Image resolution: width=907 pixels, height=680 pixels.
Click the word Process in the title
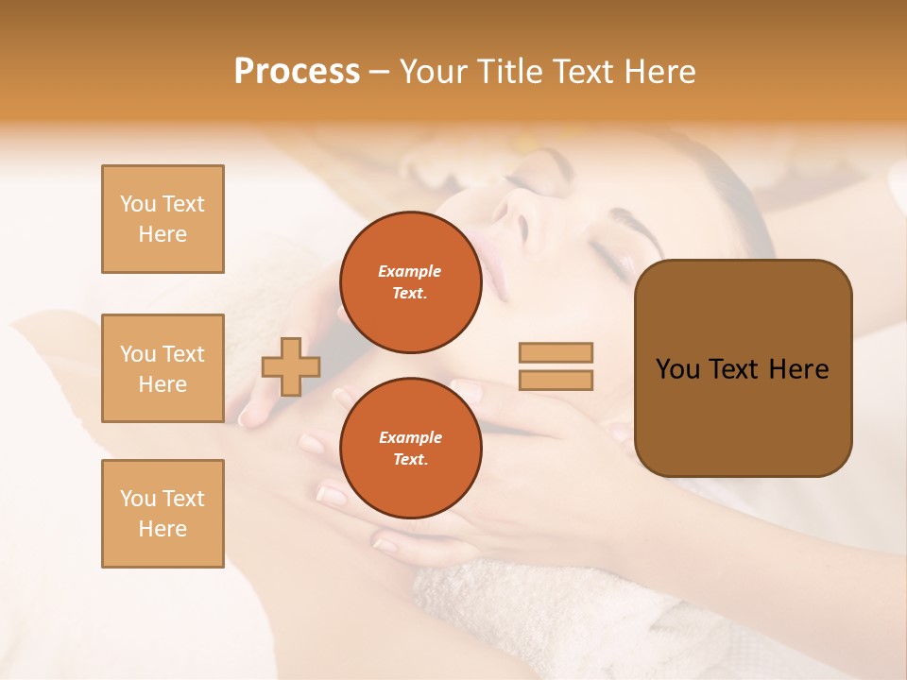coord(297,72)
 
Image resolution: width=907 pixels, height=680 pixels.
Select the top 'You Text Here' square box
coord(163,219)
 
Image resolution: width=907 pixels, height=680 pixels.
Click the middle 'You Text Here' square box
coord(163,368)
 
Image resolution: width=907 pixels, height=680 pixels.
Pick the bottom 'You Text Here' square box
coord(163,513)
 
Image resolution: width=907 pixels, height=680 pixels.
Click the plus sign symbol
coord(291,366)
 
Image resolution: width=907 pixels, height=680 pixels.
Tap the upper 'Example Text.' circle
coord(410,281)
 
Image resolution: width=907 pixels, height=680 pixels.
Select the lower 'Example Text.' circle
coord(410,448)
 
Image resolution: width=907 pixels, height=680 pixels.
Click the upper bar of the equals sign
coord(556,353)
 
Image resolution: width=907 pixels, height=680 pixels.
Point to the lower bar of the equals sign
coord(556,380)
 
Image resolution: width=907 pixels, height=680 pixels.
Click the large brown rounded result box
coord(743,367)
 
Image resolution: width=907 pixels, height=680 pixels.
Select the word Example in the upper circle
coord(410,271)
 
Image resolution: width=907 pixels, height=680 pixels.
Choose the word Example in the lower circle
coord(410,437)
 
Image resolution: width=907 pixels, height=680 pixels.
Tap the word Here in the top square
coord(163,234)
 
